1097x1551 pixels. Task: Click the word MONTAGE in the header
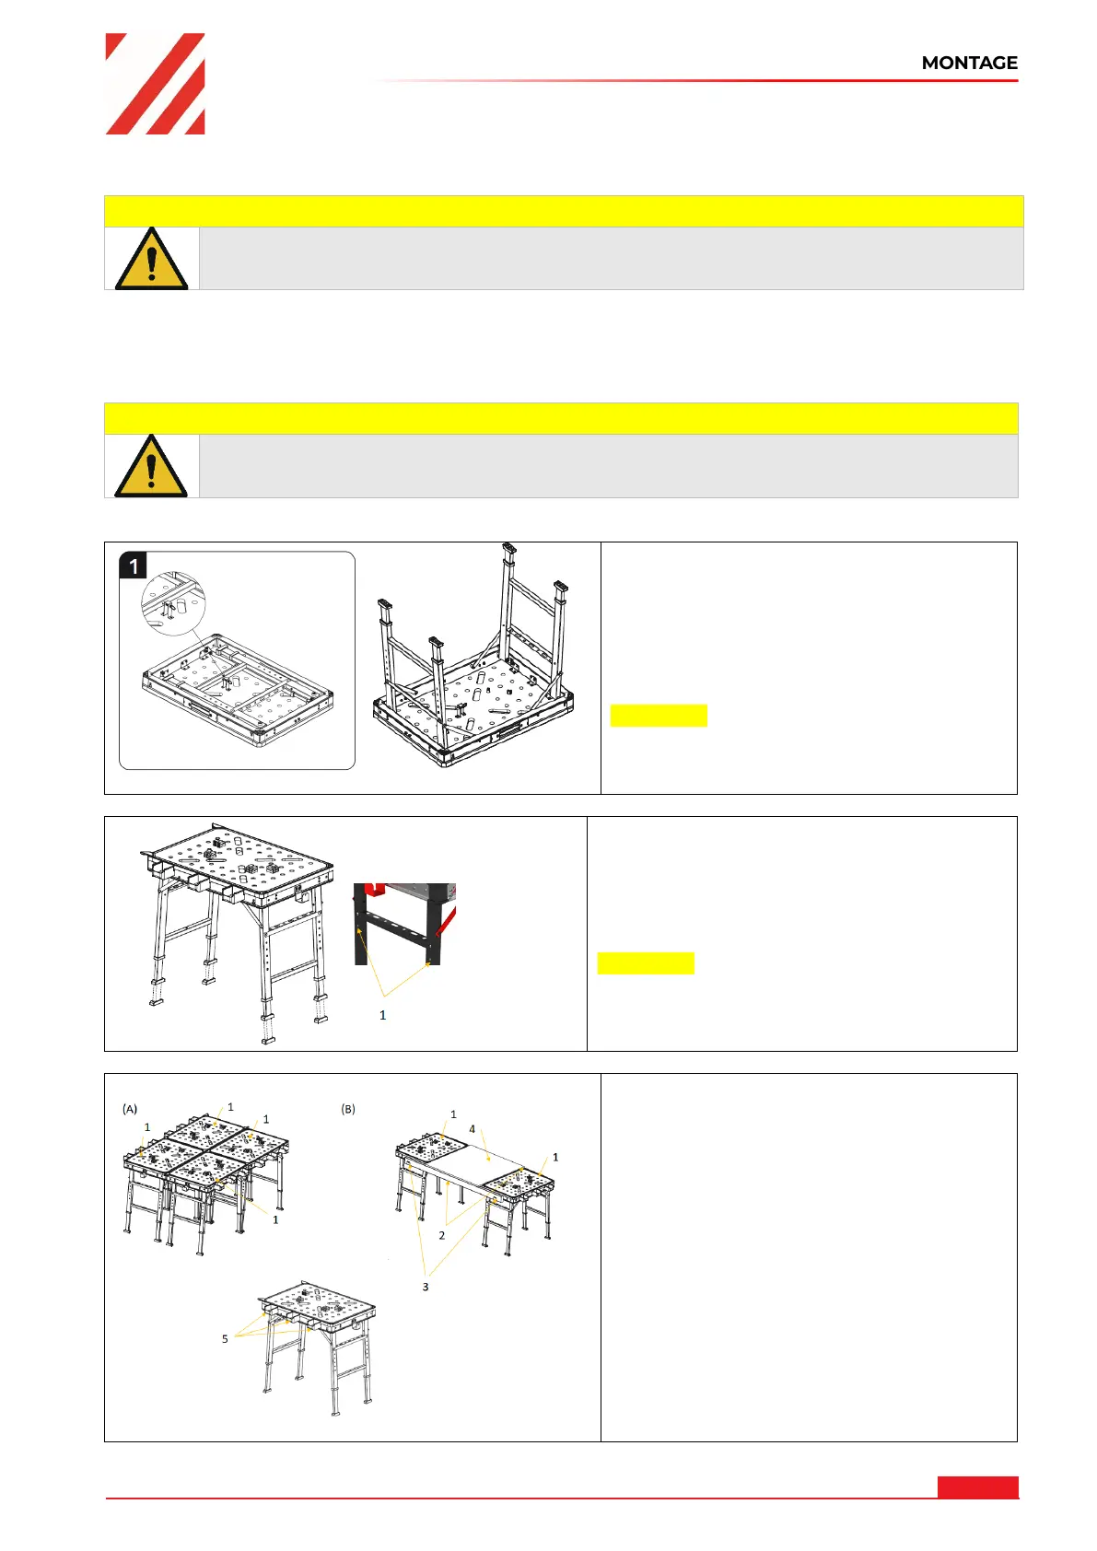point(969,63)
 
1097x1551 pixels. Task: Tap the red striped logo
point(155,84)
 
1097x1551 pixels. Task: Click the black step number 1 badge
point(133,566)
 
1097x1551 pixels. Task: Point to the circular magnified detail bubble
point(173,603)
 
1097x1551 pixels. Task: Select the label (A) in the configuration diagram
point(130,1109)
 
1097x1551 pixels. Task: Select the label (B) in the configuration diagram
point(347,1109)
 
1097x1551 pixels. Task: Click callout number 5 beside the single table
point(225,1338)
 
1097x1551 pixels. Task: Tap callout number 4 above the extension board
point(473,1128)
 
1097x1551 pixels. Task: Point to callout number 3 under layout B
point(426,1287)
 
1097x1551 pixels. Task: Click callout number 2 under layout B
point(442,1235)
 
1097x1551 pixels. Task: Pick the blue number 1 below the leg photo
point(382,1014)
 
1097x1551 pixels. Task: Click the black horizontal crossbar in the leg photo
point(395,927)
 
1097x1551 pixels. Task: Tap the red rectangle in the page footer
point(977,1487)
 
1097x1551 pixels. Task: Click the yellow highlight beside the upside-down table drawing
point(658,716)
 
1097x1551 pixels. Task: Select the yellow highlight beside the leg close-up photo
point(646,963)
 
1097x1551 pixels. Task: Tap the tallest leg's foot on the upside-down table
point(509,548)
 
